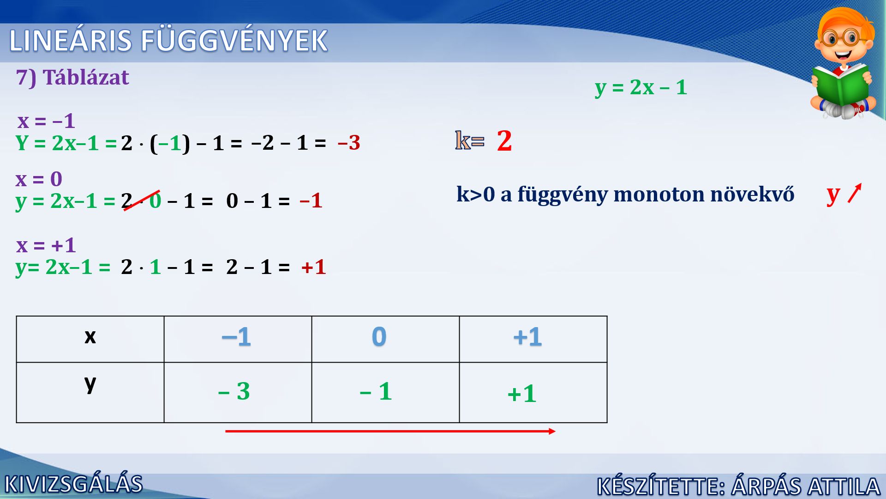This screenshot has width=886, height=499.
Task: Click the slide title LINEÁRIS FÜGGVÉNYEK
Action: pyautogui.click(x=168, y=41)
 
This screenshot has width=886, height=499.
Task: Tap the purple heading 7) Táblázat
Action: pyautogui.click(x=72, y=77)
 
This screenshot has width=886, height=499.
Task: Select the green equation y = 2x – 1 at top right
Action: pyautogui.click(x=641, y=87)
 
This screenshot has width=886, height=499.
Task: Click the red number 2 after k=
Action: pyautogui.click(x=504, y=141)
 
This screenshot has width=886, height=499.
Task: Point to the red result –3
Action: pyautogui.click(x=349, y=143)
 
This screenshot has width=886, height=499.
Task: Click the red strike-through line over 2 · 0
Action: pyautogui.click(x=142, y=201)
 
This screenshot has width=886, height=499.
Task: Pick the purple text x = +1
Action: pyautogui.click(x=46, y=245)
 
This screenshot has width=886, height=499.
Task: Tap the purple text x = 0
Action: pyautogui.click(x=39, y=179)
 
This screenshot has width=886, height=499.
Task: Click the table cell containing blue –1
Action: pyautogui.click(x=238, y=339)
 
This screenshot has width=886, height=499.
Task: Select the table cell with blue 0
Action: pyautogui.click(x=385, y=339)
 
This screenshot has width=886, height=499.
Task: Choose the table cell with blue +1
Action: pyautogui.click(x=533, y=339)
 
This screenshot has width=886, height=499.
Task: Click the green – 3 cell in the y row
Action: pyautogui.click(x=238, y=392)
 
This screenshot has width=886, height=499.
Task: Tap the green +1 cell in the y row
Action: pyautogui.click(x=533, y=392)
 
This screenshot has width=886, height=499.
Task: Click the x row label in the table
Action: pyautogui.click(x=90, y=339)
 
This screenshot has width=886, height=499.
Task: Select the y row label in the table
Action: pyautogui.click(x=90, y=392)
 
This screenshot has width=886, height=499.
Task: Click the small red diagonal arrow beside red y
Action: pyautogui.click(x=855, y=193)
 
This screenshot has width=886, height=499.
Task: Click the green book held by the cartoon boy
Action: pyautogui.click(x=841, y=85)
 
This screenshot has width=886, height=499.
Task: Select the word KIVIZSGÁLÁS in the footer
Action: pyautogui.click(x=73, y=484)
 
